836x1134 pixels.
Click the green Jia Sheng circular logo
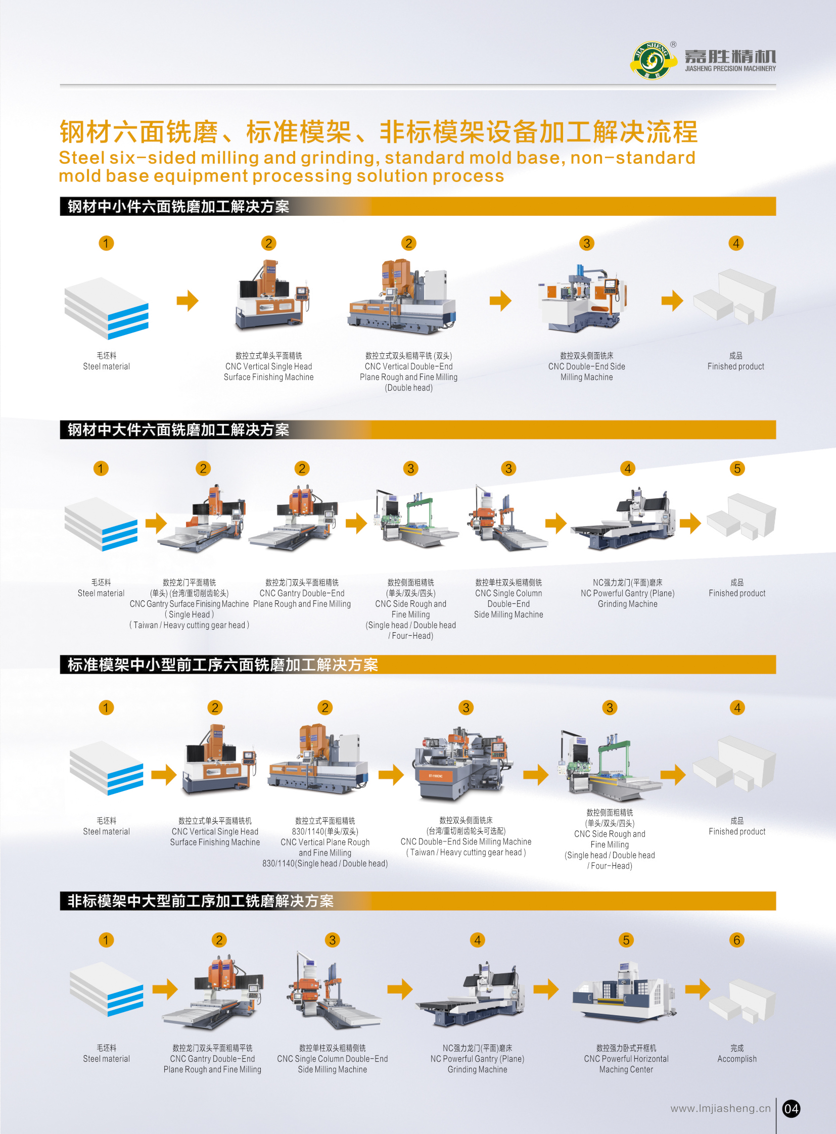tap(653, 60)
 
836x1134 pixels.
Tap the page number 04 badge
tap(791, 1109)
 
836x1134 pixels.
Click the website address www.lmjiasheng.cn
tap(720, 1108)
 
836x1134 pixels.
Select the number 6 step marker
tap(737, 939)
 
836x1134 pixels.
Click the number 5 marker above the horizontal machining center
tap(626, 939)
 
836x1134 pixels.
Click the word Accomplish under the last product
tap(737, 1059)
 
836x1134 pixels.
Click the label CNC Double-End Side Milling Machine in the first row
tap(586, 371)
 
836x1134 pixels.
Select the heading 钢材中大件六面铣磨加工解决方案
tap(178, 430)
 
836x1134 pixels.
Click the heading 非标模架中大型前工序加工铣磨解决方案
tap(200, 901)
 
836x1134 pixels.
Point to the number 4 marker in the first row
tap(736, 243)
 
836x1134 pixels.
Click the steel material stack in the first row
tap(106, 308)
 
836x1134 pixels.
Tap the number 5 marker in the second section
tap(737, 468)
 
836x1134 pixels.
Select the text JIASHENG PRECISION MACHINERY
tap(730, 68)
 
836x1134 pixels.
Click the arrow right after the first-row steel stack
tap(188, 301)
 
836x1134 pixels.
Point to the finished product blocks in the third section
tap(734, 764)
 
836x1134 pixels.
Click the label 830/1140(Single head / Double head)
tap(325, 863)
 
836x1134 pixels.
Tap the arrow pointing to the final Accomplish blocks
tap(698, 989)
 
